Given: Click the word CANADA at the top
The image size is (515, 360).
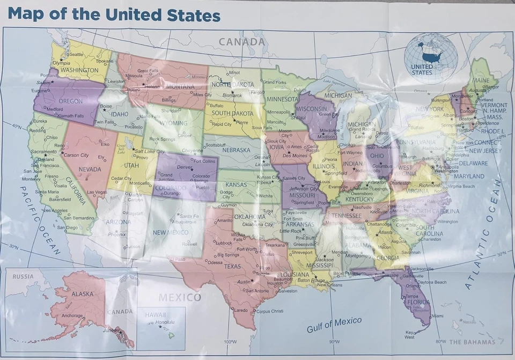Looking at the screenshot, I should pos(241,41).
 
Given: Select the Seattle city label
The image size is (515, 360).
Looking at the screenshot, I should pos(76,54).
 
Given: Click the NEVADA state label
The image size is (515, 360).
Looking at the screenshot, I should pos(90,169).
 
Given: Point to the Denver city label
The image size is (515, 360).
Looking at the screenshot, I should pos(184,167).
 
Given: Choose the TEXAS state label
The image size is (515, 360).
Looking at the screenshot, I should pos(232,266).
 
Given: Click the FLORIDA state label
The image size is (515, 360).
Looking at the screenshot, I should pos(418,302).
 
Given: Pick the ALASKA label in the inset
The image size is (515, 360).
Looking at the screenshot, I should pos(82,294).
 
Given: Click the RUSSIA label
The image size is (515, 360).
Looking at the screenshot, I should pos(23,276).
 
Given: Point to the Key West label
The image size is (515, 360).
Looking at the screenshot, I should pos(410,334).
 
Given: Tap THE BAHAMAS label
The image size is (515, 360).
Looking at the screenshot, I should pos(472,342).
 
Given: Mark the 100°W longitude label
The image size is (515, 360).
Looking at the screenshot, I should pos(231,342).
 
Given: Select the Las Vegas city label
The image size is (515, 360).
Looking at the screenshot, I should pos(97,192).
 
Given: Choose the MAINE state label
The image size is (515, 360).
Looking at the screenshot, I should pos(480,80).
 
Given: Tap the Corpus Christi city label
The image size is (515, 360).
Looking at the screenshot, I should pos(269,311).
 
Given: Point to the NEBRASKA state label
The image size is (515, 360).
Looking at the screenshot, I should pos(237,150).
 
